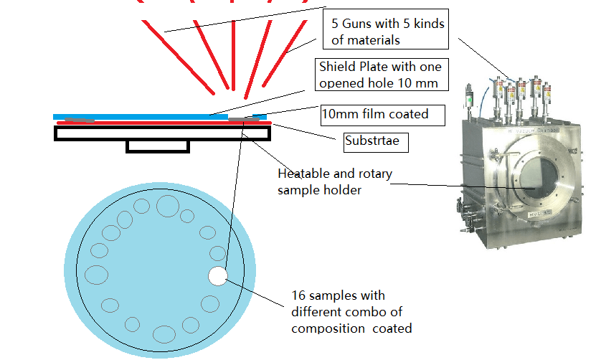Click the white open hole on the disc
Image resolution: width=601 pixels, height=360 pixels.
pyautogui.click(x=218, y=276)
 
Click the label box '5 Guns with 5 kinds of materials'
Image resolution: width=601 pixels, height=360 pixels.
pyautogui.click(x=386, y=29)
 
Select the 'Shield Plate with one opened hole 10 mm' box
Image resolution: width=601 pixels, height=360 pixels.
pyautogui.click(x=382, y=75)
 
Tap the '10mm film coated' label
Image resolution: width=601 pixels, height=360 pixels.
pyautogui.click(x=383, y=115)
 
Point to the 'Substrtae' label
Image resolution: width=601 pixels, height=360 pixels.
pyautogui.click(x=376, y=142)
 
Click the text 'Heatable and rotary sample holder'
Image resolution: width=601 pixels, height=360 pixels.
pyautogui.click(x=335, y=181)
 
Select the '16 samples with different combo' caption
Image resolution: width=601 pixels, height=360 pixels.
pyautogui.click(x=351, y=312)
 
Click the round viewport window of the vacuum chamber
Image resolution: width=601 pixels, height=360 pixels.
pyautogui.click(x=537, y=178)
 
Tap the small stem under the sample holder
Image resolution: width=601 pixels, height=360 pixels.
pyautogui.click(x=158, y=147)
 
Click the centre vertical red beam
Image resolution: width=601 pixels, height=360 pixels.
pyautogui.click(x=233, y=55)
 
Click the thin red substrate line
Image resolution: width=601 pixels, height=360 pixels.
pyautogui.click(x=164, y=123)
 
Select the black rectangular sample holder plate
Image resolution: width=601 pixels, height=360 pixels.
pyautogui.click(x=163, y=133)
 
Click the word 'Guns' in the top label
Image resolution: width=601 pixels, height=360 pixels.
pyautogui.click(x=357, y=24)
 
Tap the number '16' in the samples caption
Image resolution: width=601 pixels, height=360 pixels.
pyautogui.click(x=298, y=295)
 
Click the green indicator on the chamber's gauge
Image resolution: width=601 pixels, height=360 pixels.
pyautogui.click(x=470, y=100)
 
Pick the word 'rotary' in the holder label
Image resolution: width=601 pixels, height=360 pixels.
pyautogui.click(x=375, y=174)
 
